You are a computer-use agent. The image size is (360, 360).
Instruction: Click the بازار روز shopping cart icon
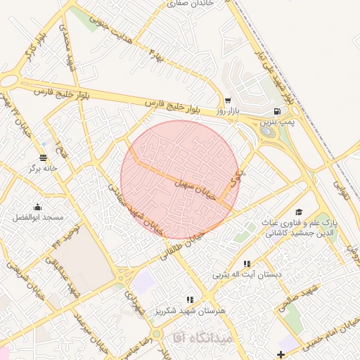(x=227, y=101)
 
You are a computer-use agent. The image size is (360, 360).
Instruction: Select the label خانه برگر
(x=42, y=169)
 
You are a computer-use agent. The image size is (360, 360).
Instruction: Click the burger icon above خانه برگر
(x=44, y=157)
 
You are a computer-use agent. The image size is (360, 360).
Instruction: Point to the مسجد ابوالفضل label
(x=38, y=218)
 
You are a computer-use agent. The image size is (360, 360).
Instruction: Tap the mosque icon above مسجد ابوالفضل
(x=37, y=207)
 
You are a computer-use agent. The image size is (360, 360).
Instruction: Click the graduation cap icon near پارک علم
(x=299, y=212)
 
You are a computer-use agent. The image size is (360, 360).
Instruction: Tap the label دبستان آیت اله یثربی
(x=246, y=275)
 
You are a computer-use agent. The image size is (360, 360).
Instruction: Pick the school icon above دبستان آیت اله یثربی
(x=246, y=264)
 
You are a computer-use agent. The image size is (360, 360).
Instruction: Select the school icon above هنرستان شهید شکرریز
(x=191, y=300)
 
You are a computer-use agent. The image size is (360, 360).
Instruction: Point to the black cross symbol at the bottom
(x=281, y=354)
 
